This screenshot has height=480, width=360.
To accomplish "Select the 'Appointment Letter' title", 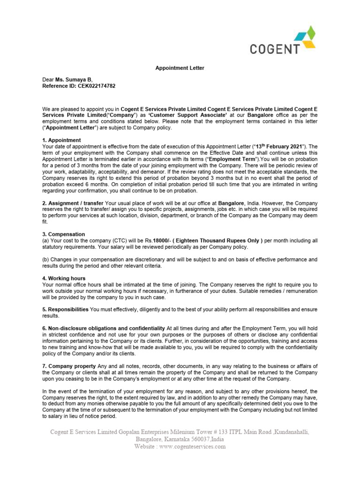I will [180, 68].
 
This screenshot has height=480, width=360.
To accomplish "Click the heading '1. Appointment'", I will [61, 140].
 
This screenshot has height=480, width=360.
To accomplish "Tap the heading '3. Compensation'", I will [64, 234].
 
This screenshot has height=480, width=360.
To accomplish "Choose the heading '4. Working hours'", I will [64, 278].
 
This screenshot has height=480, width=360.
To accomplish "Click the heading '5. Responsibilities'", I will [66, 310].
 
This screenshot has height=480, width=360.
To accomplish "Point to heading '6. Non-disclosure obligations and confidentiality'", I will [104, 328].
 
